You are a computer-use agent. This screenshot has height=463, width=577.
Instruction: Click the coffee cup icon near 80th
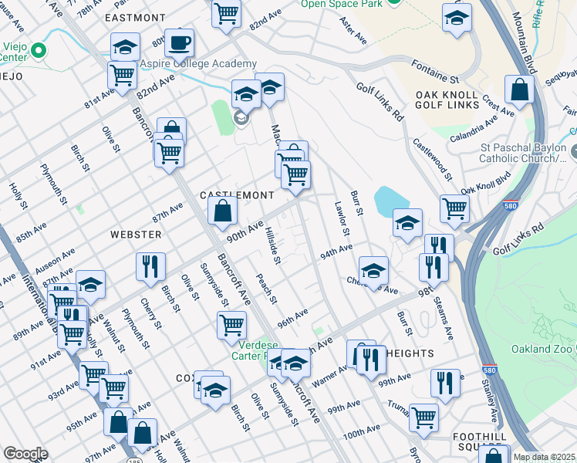(x=179, y=42)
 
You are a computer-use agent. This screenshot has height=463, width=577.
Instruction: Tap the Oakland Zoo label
(x=541, y=350)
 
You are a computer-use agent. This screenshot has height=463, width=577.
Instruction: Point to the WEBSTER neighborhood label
(x=136, y=234)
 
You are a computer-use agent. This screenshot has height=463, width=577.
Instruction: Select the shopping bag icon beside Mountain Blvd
(x=521, y=90)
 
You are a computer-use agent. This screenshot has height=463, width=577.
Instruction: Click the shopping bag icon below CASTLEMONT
(x=223, y=210)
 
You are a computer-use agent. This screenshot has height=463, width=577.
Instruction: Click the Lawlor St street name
(x=342, y=218)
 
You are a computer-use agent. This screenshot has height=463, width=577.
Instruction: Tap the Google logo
(x=25, y=454)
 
